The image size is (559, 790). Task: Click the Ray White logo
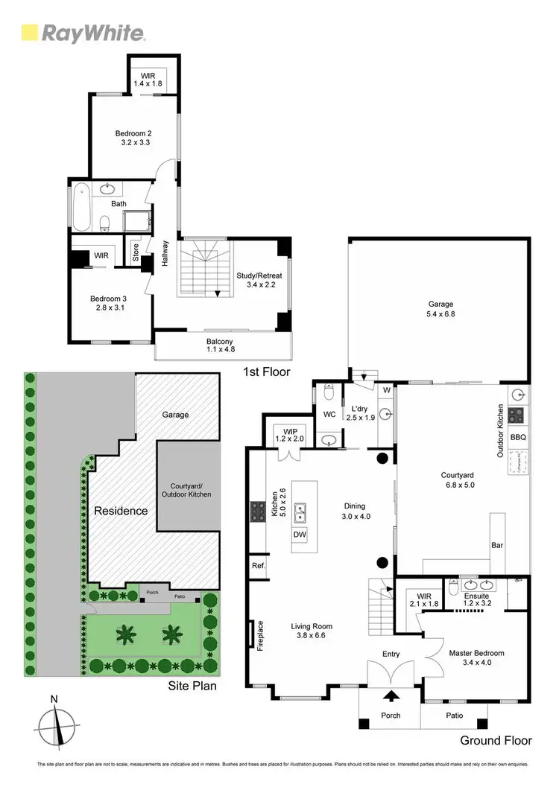coord(83,32)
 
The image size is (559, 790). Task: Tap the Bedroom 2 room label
coord(134,137)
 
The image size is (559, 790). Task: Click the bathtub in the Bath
coord(80,207)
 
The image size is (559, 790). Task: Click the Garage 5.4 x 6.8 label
coord(440,308)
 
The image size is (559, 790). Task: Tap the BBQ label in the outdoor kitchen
coord(519,437)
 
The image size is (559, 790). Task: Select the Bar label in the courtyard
coord(497,545)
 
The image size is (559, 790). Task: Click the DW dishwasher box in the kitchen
coord(300,535)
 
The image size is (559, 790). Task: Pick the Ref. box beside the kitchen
coord(259,565)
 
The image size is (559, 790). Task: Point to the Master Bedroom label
coord(476,657)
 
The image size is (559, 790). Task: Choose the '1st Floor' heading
coord(266,371)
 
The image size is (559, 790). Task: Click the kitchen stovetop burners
coord(258,512)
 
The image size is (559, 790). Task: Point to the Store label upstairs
coord(136,252)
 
